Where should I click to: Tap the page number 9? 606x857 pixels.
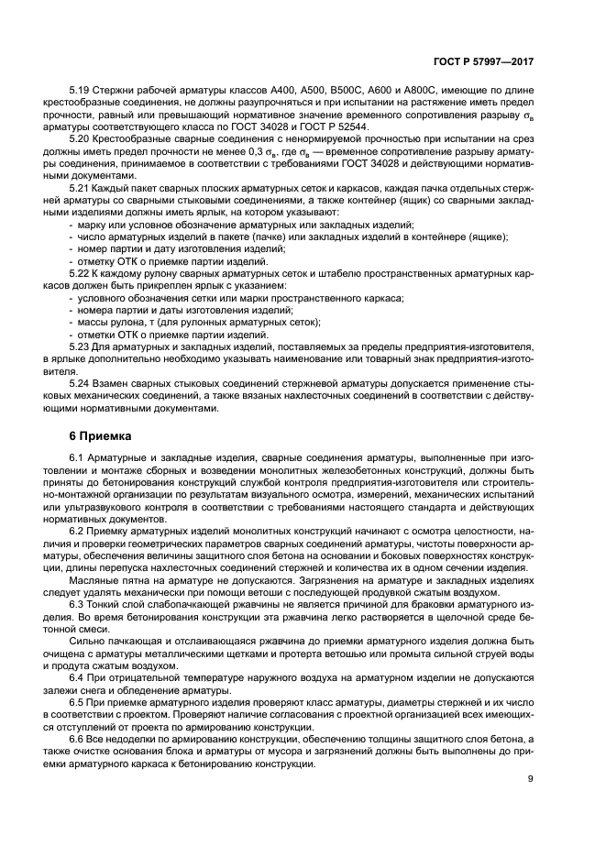(531, 779)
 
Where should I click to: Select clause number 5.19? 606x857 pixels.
(81, 93)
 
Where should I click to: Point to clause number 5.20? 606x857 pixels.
(81, 137)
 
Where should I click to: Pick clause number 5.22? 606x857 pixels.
(81, 273)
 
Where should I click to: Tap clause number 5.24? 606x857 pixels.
(81, 382)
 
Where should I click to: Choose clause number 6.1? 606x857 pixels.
(77, 456)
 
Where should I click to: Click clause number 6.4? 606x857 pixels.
(77, 677)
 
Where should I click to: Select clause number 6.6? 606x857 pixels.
(77, 738)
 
